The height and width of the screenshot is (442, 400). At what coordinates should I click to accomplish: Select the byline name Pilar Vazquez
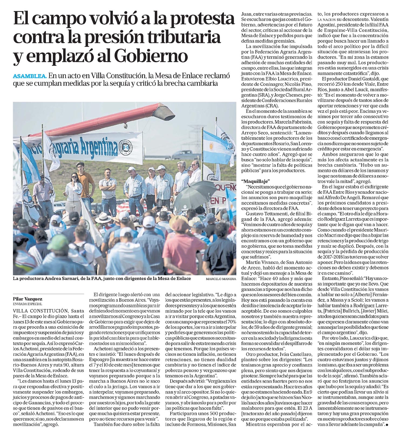pos(28,299)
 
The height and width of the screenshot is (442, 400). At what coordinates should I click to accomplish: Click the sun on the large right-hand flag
pos(212,147)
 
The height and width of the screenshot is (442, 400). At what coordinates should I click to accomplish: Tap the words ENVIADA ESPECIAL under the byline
pos(27,304)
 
